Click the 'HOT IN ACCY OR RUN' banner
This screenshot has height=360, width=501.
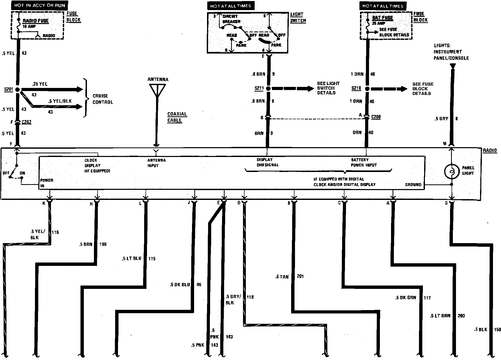click(40, 5)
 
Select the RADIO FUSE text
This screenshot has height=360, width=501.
click(35, 21)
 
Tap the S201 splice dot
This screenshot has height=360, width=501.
click(17, 89)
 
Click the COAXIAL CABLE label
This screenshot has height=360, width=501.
click(177, 117)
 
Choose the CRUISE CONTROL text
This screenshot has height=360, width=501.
click(103, 99)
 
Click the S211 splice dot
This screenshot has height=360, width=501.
click(268, 88)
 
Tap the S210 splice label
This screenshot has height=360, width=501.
click(356, 88)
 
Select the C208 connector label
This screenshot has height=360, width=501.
click(376, 117)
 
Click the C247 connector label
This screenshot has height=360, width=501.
click(26, 122)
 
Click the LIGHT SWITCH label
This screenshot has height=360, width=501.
click(298, 18)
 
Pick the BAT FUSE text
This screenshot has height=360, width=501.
click(382, 18)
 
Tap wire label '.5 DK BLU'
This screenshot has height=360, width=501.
click(180, 284)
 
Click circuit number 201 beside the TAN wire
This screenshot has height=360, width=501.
click(300, 276)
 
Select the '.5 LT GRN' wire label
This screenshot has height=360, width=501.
click(440, 316)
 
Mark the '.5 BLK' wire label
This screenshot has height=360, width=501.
click(481, 329)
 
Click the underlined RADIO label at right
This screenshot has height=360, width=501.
click(490, 151)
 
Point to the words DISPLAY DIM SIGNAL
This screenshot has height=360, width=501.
click(267, 162)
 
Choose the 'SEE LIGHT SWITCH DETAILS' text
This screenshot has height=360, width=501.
click(328, 88)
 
